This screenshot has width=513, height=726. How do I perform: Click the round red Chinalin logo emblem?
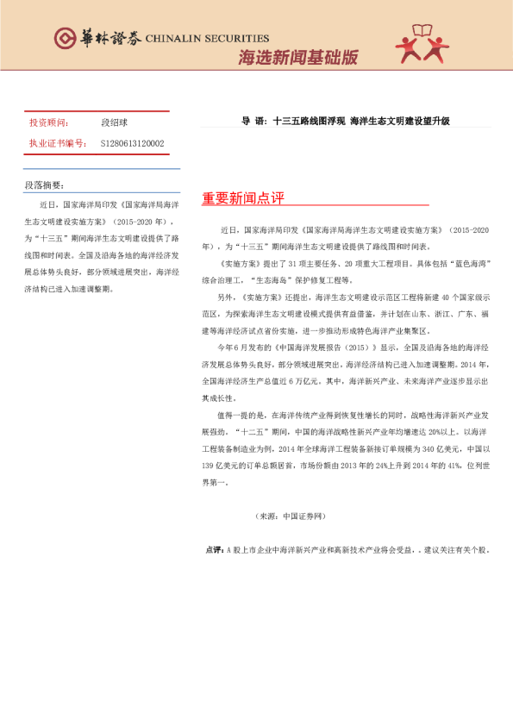click(64, 37)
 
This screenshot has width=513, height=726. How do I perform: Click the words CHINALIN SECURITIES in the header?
click(207, 38)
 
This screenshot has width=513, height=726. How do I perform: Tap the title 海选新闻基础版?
click(297, 58)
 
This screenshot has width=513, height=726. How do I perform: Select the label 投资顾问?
click(48, 123)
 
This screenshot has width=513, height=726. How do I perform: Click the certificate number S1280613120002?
click(132, 143)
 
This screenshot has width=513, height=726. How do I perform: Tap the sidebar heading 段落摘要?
click(45, 185)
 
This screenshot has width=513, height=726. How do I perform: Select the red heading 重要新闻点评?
click(243, 199)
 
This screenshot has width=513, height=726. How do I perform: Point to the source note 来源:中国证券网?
click(291, 516)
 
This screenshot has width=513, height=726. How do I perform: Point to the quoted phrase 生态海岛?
click(273, 276)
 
